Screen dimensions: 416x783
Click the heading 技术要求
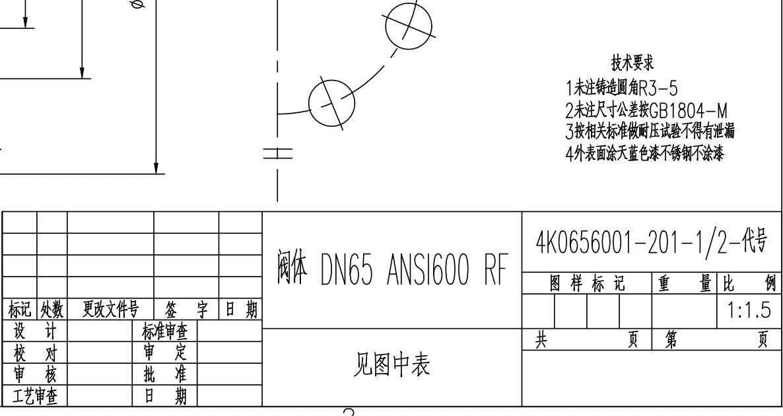coord(632,63)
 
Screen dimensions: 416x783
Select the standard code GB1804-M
coord(688,110)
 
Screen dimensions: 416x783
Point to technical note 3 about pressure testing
coord(650,131)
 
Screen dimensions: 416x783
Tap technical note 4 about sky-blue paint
coord(644,154)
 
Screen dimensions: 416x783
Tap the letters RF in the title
coord(499,269)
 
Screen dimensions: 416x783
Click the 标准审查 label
coord(164,331)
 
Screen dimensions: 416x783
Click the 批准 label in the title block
coord(164,374)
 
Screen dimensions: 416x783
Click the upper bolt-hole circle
coord(409,25)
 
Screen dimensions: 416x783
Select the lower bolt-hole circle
coord(332,102)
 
